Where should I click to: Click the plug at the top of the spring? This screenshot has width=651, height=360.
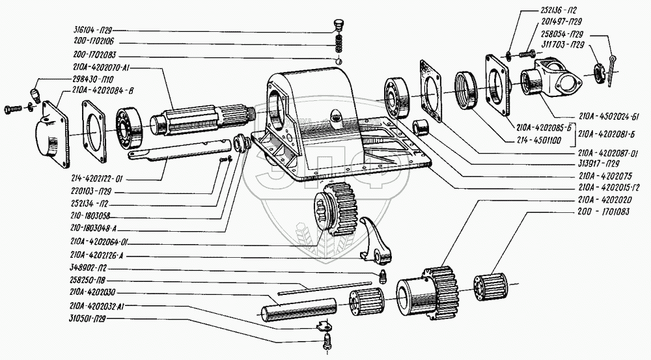[338, 27]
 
